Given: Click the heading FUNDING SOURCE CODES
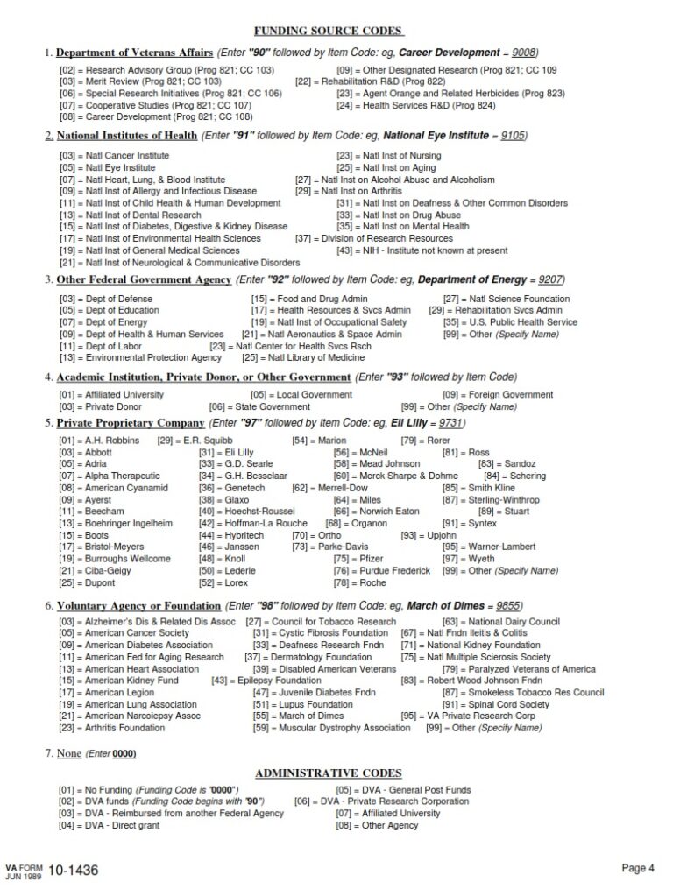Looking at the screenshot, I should click(329, 31).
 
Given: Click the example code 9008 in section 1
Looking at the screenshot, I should click(518, 52).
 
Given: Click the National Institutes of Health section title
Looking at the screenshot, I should click(126, 136).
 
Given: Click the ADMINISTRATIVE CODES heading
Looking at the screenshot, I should click(329, 773).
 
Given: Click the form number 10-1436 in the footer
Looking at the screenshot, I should click(74, 870).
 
